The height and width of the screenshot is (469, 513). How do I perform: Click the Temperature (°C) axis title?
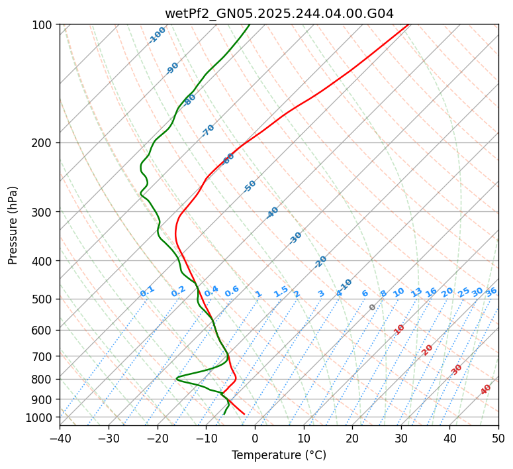click(x=279, y=456)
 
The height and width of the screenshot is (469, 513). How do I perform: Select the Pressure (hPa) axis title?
click(x=13, y=225)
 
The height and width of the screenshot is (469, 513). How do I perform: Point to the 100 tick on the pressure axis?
click(x=44, y=25)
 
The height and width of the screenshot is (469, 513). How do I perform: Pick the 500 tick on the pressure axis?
click(x=44, y=299)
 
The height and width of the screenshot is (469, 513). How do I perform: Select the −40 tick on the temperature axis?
click(x=60, y=438)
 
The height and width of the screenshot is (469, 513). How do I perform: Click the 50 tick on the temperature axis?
click(x=498, y=438)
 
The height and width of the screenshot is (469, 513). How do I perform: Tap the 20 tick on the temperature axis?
click(x=352, y=438)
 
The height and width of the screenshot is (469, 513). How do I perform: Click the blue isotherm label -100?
click(x=157, y=34)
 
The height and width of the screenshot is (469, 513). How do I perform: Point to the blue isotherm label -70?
click(x=208, y=130)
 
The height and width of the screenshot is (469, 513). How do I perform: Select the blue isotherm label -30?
click(x=295, y=237)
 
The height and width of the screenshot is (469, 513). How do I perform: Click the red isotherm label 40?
click(x=486, y=389)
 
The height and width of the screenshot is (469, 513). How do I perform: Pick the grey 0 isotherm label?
click(x=373, y=307)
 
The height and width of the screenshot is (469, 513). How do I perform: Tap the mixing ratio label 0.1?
click(x=147, y=291)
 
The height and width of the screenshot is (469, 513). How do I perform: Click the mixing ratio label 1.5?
click(x=281, y=291)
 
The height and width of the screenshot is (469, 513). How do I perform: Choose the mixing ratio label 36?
click(x=491, y=291)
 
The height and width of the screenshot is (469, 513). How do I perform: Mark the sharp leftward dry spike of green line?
click(x=177, y=378)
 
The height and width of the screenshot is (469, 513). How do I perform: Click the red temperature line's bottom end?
click(x=244, y=414)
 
